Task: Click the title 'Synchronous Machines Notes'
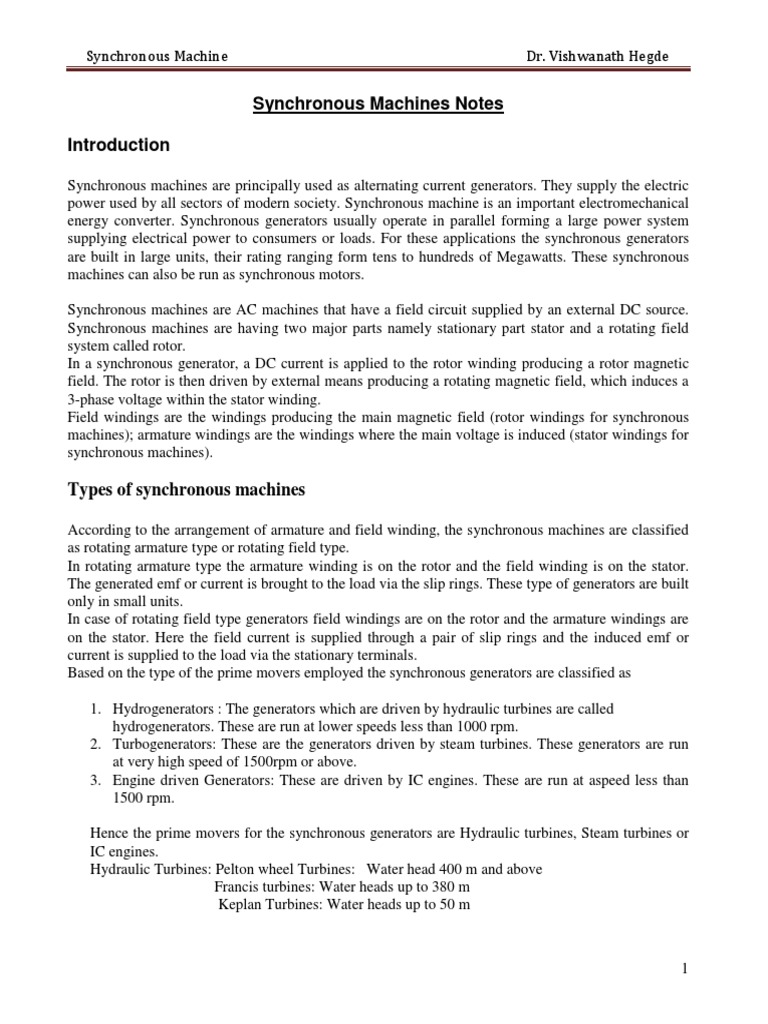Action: [384, 103]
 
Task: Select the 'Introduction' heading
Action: [118, 145]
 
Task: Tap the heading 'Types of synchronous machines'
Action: [186, 489]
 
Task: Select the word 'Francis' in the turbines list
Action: [238, 887]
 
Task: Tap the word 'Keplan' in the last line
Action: [240, 905]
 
